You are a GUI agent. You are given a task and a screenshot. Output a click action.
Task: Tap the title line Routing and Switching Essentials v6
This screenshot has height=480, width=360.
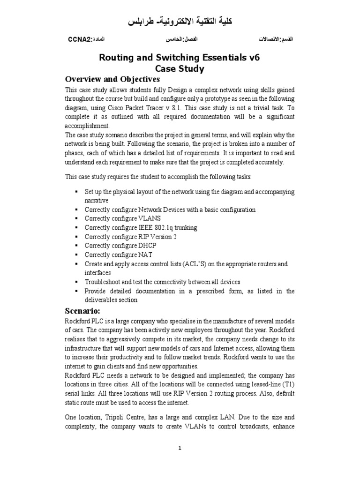[180, 58]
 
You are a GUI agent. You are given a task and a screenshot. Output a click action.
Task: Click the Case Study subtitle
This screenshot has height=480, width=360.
[180, 68]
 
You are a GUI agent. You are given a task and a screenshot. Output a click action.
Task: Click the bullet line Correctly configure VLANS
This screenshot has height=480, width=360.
[122, 218]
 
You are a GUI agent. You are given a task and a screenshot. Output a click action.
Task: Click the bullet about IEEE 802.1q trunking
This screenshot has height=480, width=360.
[141, 228]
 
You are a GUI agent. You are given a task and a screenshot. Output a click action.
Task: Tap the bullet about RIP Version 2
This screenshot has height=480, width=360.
[130, 237]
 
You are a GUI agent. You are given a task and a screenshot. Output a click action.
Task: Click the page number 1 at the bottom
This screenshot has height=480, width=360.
[180, 448]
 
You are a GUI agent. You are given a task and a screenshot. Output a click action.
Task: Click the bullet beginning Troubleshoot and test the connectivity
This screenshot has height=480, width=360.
[162, 282]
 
